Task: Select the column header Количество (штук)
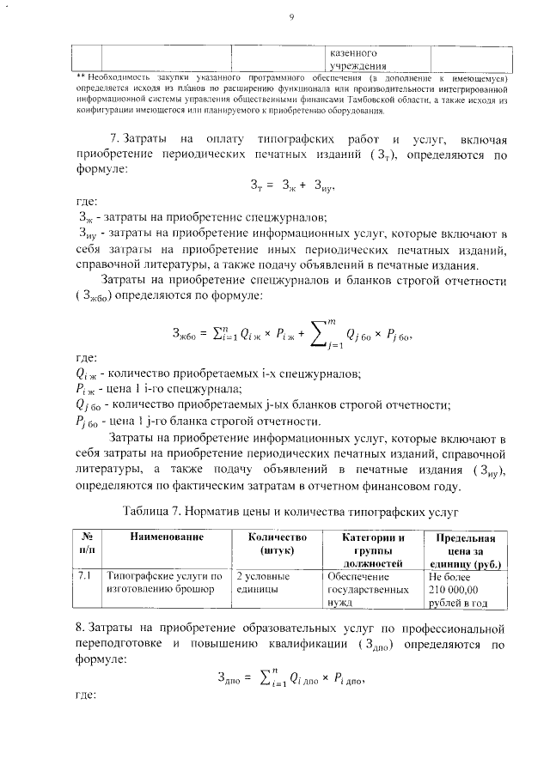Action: (272, 543)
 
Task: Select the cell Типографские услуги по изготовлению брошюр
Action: (162, 584)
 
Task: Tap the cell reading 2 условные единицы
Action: (263, 584)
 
